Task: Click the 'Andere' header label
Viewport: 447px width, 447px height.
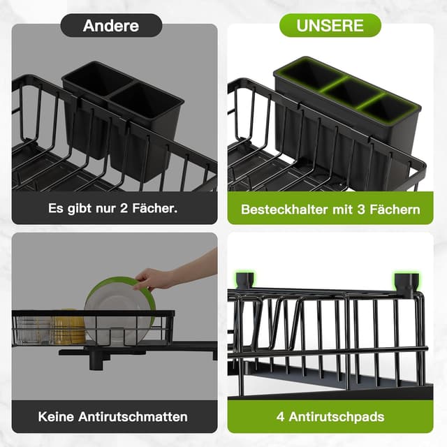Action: (111, 26)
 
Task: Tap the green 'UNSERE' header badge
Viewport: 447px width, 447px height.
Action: (330, 25)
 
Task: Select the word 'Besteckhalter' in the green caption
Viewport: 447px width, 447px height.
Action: (281, 209)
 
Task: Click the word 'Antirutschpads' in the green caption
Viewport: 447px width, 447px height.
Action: (342, 417)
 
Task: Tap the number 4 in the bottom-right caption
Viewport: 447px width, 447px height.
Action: (281, 417)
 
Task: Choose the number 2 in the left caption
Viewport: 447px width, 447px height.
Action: (120, 209)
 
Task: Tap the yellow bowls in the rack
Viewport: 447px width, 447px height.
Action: (68, 327)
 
